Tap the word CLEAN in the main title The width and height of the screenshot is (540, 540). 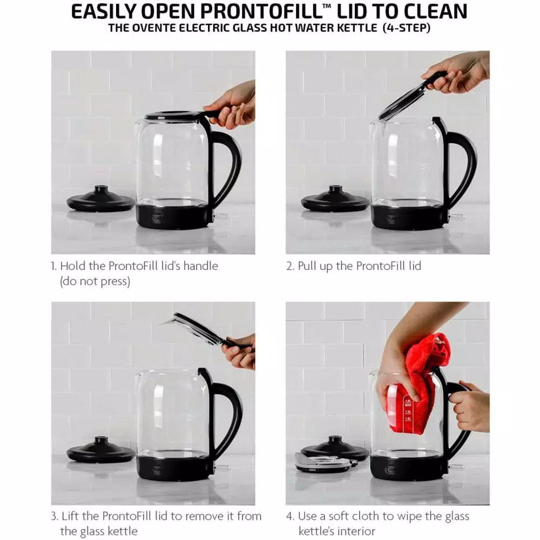click(431, 11)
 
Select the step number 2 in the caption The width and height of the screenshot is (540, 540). click(289, 266)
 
